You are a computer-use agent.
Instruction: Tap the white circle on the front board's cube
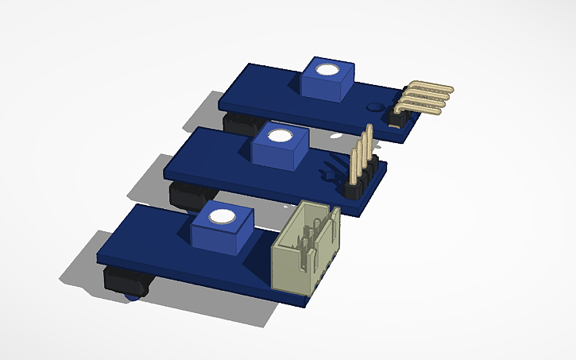point(223,217)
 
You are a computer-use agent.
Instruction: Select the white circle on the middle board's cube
point(279,136)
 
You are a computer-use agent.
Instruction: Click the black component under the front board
point(127,280)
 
